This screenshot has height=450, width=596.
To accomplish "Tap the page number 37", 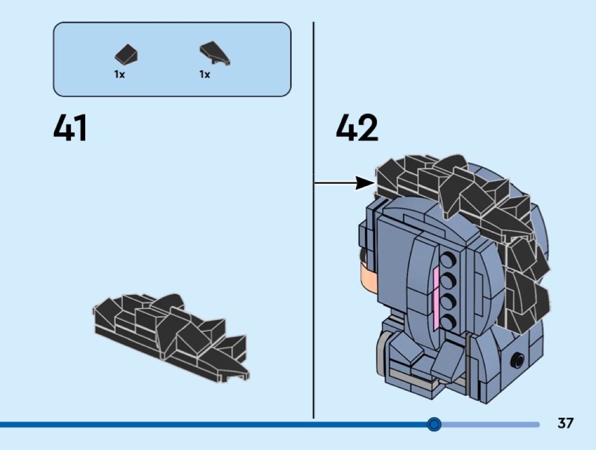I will [565, 423].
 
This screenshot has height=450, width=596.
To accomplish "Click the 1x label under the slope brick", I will [119, 74].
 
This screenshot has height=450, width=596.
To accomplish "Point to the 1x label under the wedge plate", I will [204, 74].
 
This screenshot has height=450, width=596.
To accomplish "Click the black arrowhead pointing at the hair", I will [366, 183].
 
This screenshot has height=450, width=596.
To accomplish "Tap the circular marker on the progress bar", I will [434, 424].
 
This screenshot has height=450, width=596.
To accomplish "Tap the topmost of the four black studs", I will [450, 261].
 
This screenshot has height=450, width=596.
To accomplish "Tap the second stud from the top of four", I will [450, 281].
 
